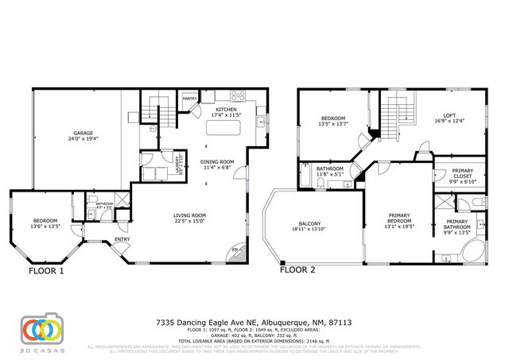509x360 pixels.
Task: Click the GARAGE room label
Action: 84,133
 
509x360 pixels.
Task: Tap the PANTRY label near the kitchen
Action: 189,99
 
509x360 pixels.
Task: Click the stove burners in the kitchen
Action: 237,98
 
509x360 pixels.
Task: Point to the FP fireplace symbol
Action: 234,252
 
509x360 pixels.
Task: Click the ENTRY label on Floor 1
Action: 122,239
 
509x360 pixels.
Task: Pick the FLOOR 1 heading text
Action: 46,270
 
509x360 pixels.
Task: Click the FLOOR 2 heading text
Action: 297,270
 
